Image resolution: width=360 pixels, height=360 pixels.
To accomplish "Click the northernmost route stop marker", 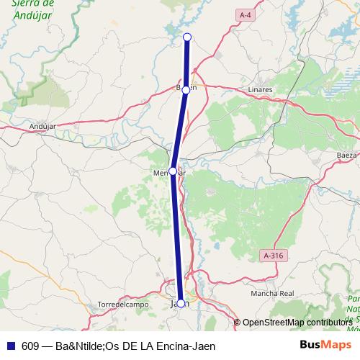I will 187,37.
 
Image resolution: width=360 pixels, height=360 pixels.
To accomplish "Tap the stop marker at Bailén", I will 186,90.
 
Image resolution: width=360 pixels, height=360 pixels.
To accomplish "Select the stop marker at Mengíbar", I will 173,171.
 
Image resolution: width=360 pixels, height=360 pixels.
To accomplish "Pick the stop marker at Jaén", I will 181,303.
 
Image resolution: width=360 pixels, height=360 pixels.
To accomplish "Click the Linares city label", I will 259,89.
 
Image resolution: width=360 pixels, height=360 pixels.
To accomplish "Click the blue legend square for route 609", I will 10,345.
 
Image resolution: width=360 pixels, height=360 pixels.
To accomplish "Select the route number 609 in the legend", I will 30,345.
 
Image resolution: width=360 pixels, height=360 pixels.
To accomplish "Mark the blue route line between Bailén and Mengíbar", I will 179,130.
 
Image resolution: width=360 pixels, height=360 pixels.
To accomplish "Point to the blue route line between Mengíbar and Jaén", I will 177,238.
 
